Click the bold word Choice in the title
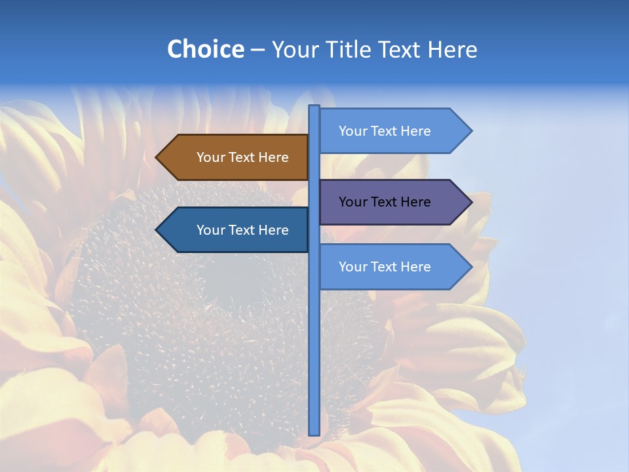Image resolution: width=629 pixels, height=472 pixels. pos(205,49)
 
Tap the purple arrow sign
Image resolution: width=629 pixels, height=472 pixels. pos(393,202)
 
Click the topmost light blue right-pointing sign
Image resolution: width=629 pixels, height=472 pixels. pos(393,131)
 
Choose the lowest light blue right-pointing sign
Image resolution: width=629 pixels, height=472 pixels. pos(393,267)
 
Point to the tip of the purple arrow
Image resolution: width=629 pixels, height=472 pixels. pos(471,202)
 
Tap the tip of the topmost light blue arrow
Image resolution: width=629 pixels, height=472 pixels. pos(471,131)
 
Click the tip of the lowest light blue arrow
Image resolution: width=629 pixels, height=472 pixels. pos(471,267)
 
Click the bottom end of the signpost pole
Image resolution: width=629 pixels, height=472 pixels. pos(314,433)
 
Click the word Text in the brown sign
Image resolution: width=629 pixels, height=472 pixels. pos(242,157)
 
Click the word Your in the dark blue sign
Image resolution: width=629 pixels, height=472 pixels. pos(210,230)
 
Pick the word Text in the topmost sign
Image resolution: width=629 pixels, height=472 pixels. pos(385,131)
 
